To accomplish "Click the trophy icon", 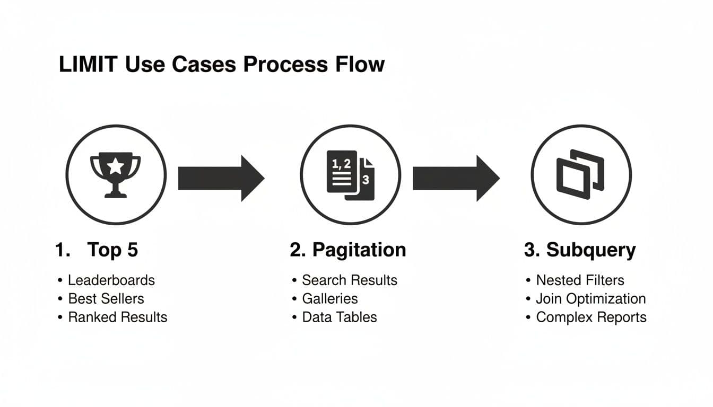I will point(116,175).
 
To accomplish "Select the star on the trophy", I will point(116,166).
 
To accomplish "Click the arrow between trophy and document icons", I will point(221,178).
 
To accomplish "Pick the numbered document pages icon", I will point(350,175).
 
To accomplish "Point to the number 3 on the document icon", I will point(366,180).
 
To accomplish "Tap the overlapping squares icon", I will point(580,174).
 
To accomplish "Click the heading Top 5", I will point(112,250).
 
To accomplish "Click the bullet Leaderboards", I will point(111,280).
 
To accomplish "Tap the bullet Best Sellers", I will point(106,299).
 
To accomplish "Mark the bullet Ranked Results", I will point(117,317).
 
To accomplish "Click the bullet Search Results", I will point(349,280).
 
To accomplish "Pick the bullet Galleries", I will point(329,299).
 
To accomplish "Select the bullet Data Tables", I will point(339,317).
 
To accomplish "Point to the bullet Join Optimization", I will point(590,299).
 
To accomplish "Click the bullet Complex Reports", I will point(591,317).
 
